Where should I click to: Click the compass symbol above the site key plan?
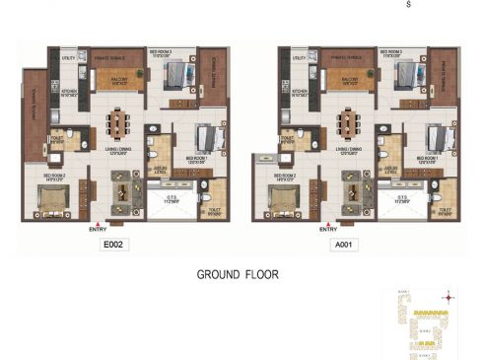click(x=449, y=294)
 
